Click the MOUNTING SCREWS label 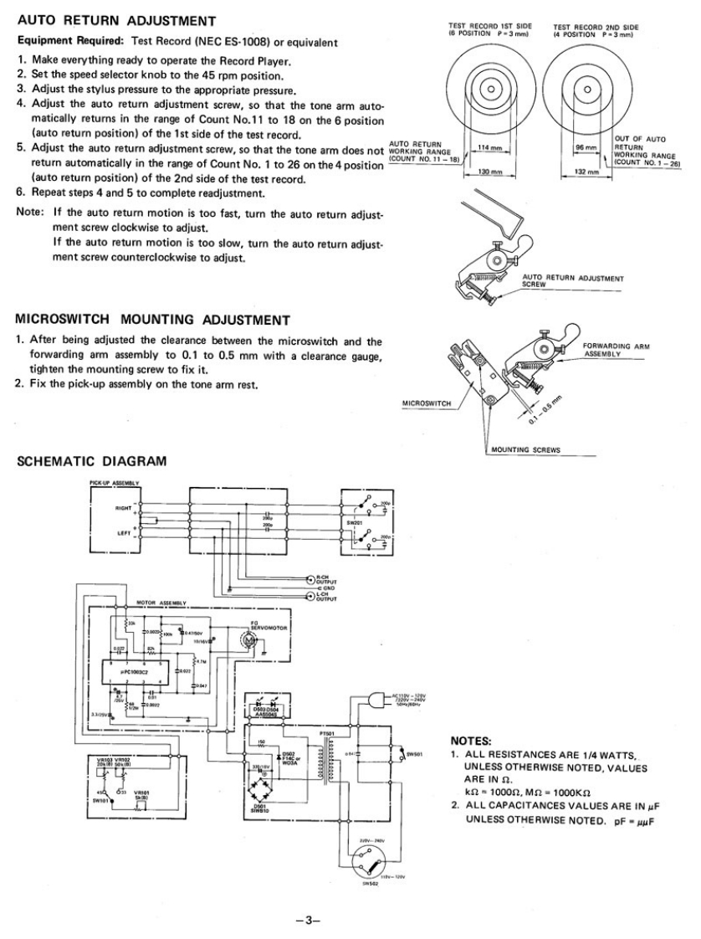[x=525, y=449]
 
